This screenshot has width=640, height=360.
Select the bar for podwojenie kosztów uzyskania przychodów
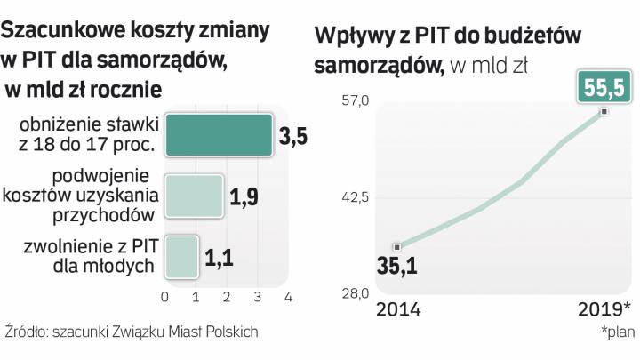194,196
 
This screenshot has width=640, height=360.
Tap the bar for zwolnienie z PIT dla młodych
181,256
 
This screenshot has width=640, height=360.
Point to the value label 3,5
294,137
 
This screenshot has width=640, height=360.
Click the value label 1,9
244,197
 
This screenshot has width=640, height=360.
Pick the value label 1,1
220,258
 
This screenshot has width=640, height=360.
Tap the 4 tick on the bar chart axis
288,295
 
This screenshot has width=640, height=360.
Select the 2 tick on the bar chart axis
227,295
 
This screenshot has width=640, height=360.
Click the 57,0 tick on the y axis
355,101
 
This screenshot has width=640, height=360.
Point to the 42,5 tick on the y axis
355,197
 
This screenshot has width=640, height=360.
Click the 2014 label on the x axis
398,309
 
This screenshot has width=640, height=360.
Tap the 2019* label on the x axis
604,309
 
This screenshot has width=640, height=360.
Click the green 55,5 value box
604,89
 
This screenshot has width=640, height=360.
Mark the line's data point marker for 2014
397,246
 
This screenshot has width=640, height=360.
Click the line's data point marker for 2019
604,111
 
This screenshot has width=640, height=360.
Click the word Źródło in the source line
26,332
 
